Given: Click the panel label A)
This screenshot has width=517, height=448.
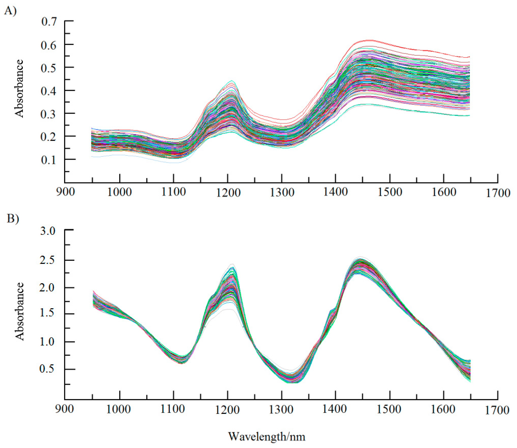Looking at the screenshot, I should pos(10,11).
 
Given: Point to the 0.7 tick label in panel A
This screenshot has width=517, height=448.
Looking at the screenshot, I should pos(49,22).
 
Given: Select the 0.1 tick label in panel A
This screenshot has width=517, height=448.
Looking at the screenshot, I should pos(49,160).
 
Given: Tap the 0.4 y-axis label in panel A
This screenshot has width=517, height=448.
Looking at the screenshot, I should pos(49,91).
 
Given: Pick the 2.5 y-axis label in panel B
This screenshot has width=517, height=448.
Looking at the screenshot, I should pos(48,261).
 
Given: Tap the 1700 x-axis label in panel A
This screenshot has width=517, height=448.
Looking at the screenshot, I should pos(498,193).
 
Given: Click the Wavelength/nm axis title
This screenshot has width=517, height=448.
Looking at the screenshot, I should pos(266,437).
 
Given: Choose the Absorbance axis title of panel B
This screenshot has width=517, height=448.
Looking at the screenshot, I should pos(19,311).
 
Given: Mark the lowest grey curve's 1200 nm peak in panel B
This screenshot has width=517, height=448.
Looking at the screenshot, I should pos(228,309).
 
